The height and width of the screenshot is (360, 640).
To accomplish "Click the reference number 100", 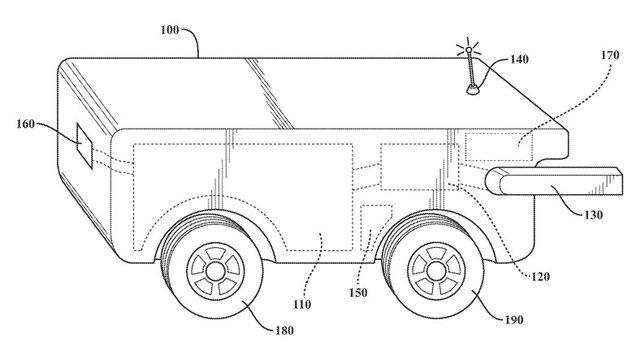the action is (x=170, y=30).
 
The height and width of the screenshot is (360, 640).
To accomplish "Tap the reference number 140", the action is (x=519, y=60).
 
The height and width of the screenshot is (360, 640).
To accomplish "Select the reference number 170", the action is (x=610, y=55).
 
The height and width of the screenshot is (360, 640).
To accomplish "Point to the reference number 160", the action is (x=26, y=124).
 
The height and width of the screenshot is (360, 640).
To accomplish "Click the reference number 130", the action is (x=593, y=215).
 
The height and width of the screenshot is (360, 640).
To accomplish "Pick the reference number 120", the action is (x=540, y=277).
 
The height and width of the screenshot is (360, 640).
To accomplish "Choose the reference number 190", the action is (x=513, y=320).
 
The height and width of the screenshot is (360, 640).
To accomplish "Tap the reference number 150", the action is (x=358, y=293).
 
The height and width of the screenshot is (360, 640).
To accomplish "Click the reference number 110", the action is (x=302, y=304).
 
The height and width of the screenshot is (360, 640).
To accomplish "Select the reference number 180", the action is (x=284, y=330).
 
